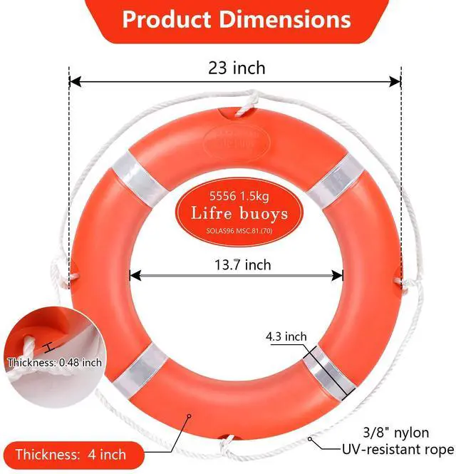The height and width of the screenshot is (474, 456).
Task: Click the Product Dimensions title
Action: (237, 19)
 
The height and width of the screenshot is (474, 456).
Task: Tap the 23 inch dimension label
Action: (237, 68)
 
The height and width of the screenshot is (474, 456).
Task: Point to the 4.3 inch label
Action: (286, 336)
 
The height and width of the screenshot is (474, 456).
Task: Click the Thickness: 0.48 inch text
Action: (55, 362)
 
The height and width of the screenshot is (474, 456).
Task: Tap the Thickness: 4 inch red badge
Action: (71, 454)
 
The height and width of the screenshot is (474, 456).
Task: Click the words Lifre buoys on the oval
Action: (239, 213)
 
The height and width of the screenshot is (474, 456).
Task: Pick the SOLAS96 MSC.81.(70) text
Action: (239, 231)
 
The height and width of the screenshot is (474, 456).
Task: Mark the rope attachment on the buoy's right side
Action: (405, 282)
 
